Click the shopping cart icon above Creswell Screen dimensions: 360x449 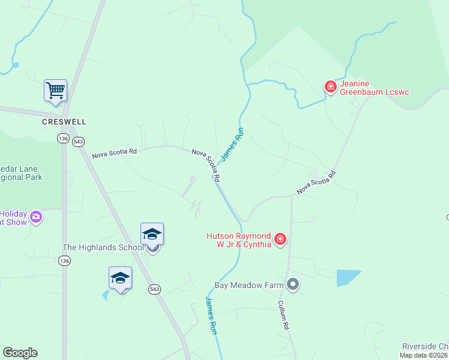pos(55,91)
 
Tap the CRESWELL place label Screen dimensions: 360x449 pos(64,121)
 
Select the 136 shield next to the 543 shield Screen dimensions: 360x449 pos(63,139)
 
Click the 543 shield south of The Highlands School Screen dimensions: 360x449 pos(154,289)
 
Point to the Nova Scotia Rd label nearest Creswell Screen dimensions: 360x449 pos(114,154)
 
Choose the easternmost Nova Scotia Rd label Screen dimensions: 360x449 pos(316,182)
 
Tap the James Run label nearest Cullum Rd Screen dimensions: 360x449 pos(211,315)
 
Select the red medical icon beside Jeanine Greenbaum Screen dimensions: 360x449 pos(330,87)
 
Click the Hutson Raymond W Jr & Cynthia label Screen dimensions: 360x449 pos(238,241)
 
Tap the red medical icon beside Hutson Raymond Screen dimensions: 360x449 pos(280,240)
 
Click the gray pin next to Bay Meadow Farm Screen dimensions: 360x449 pos(293,284)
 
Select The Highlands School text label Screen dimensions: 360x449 pos(103,247)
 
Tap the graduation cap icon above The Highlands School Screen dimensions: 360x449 pos(152,233)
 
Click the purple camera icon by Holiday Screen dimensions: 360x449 pos(36,217)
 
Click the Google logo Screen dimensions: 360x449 pos(20,353)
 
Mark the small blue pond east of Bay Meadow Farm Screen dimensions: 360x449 pos(348,277)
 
